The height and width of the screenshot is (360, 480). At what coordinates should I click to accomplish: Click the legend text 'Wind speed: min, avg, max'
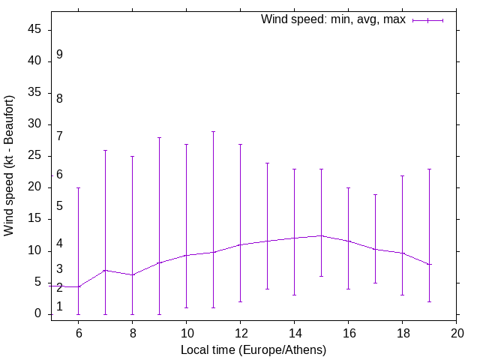tap(333, 19)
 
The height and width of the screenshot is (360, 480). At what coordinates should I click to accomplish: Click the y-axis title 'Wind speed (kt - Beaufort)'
tap(10, 166)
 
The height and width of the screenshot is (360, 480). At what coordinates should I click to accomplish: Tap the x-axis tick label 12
tap(240, 332)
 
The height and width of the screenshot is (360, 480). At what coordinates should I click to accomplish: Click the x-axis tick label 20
tap(456, 332)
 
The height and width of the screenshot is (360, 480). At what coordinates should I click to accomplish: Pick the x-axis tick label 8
tap(132, 332)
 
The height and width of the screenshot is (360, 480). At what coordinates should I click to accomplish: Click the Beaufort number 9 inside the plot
tap(59, 55)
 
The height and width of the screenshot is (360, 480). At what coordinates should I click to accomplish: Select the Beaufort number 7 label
tap(59, 136)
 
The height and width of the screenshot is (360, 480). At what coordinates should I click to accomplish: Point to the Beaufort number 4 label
tap(59, 244)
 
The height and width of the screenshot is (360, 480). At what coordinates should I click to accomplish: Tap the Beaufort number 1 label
tap(59, 306)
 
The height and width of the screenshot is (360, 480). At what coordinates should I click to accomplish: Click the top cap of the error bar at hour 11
tap(213, 131)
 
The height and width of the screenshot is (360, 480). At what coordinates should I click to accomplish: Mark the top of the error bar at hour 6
tap(78, 187)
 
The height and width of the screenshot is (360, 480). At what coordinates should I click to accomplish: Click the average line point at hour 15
tap(321, 235)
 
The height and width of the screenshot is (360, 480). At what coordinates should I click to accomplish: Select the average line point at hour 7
tap(105, 270)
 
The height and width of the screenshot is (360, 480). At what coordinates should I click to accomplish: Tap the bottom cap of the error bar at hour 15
tap(321, 276)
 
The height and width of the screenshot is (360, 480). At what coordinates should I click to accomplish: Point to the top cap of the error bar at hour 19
tap(429, 169)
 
